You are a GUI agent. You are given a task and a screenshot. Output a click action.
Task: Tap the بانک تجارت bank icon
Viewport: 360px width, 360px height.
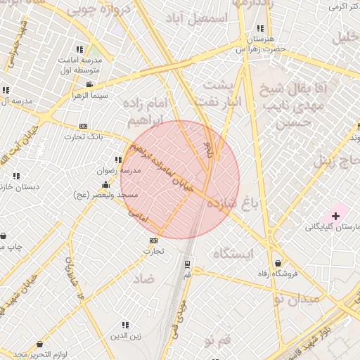click(x=84, y=126)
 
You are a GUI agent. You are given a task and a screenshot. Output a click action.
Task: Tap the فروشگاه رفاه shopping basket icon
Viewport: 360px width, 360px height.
click(x=278, y=263)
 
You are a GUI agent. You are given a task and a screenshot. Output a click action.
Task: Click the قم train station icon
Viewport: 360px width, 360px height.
click(x=187, y=264)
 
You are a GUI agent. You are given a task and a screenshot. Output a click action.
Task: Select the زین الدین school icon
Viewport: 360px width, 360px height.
click(x=124, y=325)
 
